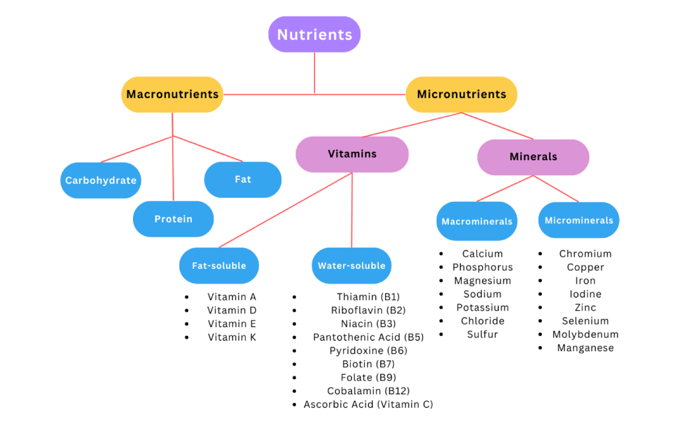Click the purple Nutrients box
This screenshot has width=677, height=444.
(x=315, y=34)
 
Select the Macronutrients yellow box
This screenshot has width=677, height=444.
(x=172, y=94)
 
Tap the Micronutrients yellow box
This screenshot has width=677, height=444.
(x=461, y=94)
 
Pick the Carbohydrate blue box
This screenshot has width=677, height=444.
(x=101, y=180)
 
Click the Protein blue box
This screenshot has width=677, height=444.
(x=173, y=219)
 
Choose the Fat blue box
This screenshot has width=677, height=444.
(x=243, y=179)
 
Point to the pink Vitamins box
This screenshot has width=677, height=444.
(x=352, y=154)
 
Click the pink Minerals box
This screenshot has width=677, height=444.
(x=533, y=157)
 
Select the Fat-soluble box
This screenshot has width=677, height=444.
(x=219, y=266)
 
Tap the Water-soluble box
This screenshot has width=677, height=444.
(x=351, y=266)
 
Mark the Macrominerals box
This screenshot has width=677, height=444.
(x=477, y=221)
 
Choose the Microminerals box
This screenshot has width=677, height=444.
(x=579, y=220)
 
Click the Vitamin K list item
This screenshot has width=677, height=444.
(x=232, y=337)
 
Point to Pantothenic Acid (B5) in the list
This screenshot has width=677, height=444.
(x=368, y=337)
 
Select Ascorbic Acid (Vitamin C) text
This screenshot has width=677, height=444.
(x=368, y=405)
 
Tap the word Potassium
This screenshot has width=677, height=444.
(x=483, y=308)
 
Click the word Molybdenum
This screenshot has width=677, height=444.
(x=585, y=335)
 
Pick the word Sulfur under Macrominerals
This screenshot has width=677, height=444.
(x=483, y=335)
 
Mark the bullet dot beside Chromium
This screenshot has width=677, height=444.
(x=541, y=254)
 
